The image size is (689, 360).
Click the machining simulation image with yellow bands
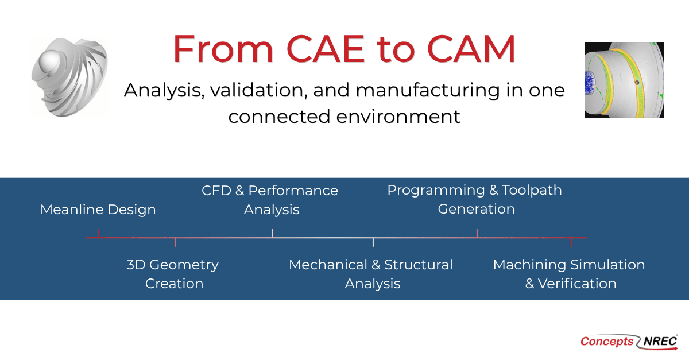tap(624, 80)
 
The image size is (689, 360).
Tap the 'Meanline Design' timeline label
tap(98, 210)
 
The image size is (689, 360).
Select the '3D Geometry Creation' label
tap(173, 274)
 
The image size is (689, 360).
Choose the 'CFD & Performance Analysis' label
tap(270, 199)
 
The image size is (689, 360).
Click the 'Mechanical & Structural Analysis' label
tap(371, 274)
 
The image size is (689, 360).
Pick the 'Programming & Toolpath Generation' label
tap(475, 199)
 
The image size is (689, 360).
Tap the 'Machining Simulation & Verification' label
tap(570, 274)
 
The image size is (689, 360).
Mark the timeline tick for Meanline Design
tap(99, 233)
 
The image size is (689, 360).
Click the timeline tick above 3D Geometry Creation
tap(175, 242)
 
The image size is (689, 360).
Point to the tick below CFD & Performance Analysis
tap(272, 233)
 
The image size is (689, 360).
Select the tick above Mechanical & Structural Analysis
tap(373, 242)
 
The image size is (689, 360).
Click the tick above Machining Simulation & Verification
tap(571, 242)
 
